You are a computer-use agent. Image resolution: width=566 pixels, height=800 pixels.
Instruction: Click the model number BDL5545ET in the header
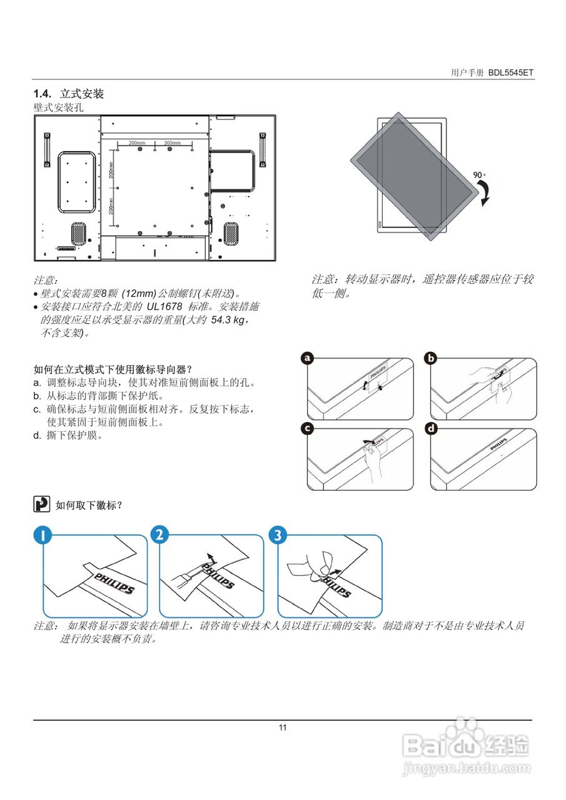tap(511, 72)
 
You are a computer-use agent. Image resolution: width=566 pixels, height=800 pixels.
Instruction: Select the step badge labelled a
tap(307, 358)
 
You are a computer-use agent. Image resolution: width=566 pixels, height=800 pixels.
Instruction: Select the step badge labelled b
tap(431, 358)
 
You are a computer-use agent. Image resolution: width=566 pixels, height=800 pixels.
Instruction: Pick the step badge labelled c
tap(307, 429)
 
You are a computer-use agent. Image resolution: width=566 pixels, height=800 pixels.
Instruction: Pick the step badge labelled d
tap(431, 429)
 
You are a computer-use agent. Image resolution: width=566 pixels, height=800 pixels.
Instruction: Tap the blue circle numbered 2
tap(160, 535)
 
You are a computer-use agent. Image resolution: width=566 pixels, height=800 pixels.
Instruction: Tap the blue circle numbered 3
tap(278, 535)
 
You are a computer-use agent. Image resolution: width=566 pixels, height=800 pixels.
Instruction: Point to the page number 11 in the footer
tap(283, 727)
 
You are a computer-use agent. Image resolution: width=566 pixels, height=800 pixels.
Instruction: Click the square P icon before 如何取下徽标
tap(41, 504)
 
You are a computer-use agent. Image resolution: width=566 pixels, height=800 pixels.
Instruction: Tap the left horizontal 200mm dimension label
tap(136, 143)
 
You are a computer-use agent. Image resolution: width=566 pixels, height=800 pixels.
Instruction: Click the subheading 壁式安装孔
tap(58, 107)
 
